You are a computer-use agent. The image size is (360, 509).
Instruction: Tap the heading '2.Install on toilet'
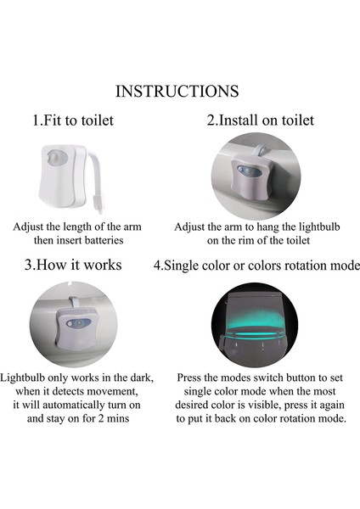pyautogui.click(x=260, y=120)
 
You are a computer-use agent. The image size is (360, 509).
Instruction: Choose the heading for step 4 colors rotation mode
pyautogui.click(x=256, y=266)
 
